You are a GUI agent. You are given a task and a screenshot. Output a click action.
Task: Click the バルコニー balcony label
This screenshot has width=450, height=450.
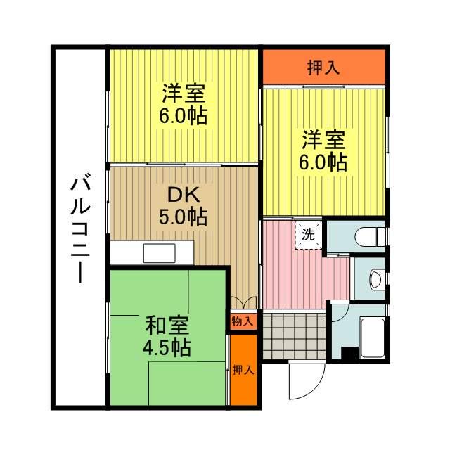tap(78, 229)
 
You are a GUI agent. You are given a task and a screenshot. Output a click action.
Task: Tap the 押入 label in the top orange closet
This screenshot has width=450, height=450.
tap(324, 67)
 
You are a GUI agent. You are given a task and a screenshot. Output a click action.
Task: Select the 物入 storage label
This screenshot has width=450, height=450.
tap(243, 321)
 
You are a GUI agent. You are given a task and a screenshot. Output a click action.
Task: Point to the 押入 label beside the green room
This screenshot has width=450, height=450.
tap(243, 370)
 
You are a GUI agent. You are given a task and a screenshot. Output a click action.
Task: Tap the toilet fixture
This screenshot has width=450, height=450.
tap(373, 236)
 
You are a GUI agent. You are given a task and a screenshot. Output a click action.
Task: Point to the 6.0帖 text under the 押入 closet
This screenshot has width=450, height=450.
tap(324, 161)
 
